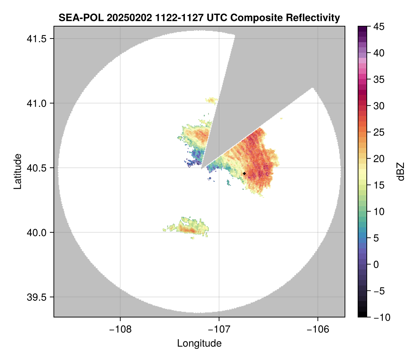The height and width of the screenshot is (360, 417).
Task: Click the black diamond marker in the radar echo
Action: [244, 173]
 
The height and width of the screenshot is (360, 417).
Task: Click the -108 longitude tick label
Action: [120, 329]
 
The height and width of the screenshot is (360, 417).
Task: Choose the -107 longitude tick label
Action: [219, 329]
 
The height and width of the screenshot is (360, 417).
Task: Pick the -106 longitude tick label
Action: [318, 329]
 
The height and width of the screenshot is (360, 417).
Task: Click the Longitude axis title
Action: [199, 343]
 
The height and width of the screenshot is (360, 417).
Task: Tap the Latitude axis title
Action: [17, 171]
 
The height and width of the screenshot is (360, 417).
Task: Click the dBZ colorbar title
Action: [401, 172]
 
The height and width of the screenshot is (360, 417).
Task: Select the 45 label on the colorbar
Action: [379, 27]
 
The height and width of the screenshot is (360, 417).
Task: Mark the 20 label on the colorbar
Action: [379, 159]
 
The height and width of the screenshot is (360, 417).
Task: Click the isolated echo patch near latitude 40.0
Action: [186, 227]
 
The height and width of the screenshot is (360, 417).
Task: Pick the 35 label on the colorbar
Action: [379, 79]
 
